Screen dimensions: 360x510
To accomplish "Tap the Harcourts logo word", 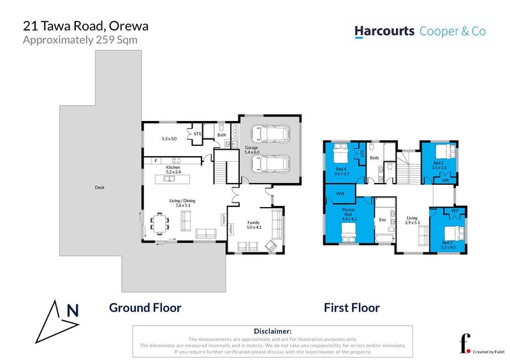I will [x=384, y=31].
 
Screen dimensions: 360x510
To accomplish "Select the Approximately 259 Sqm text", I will [x=80, y=40].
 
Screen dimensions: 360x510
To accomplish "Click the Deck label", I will [x=99, y=187].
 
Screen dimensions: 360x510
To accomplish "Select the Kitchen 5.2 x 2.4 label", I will [x=173, y=170].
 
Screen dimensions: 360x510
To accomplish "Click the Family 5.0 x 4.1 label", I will [x=254, y=224].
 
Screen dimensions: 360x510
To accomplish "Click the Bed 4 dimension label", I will [x=342, y=173].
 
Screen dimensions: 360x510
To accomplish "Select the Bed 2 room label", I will [x=438, y=163].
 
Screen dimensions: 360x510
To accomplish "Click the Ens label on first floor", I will [x=382, y=220].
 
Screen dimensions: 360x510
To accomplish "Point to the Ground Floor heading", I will [x=145, y=308].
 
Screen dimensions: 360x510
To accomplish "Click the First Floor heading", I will [x=351, y=308].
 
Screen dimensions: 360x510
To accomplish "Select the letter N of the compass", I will [x=73, y=311].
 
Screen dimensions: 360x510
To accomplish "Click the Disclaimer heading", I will [x=273, y=331].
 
